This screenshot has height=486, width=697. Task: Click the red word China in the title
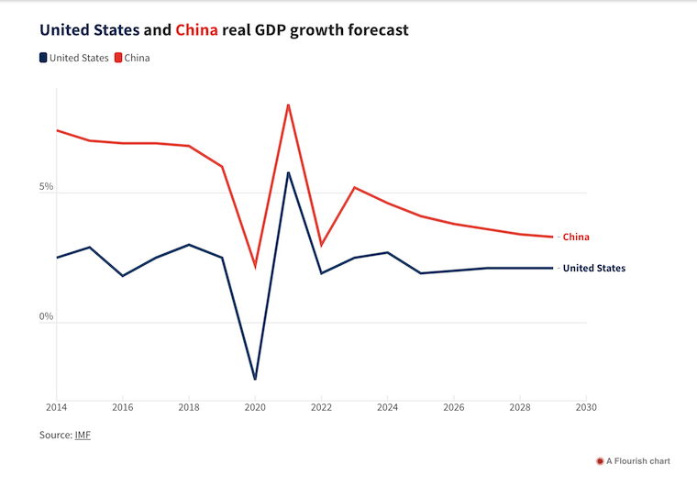coord(196,30)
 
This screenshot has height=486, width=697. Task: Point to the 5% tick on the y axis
coord(46,187)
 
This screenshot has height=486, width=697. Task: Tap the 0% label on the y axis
coord(46,317)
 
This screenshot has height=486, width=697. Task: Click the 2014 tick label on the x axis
coord(57,407)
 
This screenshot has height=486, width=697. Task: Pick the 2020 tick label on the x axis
coord(255,407)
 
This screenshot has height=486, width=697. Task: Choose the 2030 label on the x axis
coord(586,407)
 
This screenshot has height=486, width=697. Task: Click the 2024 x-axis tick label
coord(387,407)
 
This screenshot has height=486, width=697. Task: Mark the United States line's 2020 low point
coord(255,379)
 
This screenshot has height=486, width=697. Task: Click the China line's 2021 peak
coord(288,105)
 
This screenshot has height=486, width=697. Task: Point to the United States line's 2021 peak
coord(288,172)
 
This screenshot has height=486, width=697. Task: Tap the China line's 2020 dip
coord(255,267)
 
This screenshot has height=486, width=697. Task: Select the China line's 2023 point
coord(354,187)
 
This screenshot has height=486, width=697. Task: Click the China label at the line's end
coord(576,237)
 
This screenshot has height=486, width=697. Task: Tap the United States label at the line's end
coord(593,268)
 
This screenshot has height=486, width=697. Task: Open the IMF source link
coord(83,435)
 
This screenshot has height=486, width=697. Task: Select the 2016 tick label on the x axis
coord(123,407)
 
